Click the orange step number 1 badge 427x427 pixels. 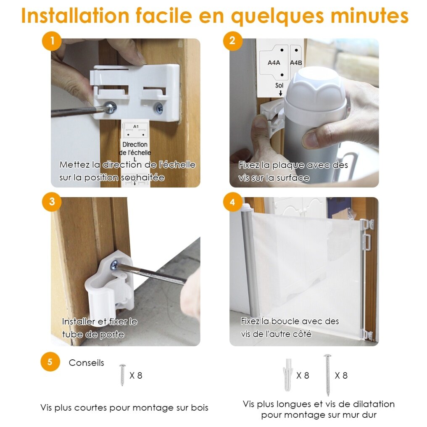52,41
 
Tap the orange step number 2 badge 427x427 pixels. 232,41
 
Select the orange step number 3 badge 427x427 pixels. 52,202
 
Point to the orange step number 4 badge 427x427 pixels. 232,202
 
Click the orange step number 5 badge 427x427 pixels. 50,362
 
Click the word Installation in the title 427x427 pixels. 75,16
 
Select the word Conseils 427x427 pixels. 86,363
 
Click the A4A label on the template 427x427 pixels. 274,63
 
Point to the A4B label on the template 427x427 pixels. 296,63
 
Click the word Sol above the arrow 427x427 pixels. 279,85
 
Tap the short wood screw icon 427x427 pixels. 123,375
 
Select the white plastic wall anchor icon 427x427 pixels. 287,375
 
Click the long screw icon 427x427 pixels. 327,375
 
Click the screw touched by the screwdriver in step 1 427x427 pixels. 111,108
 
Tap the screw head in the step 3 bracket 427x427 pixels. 114,265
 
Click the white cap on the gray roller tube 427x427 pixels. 315,92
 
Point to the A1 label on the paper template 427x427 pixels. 136,127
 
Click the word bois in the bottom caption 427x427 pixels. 199,408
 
